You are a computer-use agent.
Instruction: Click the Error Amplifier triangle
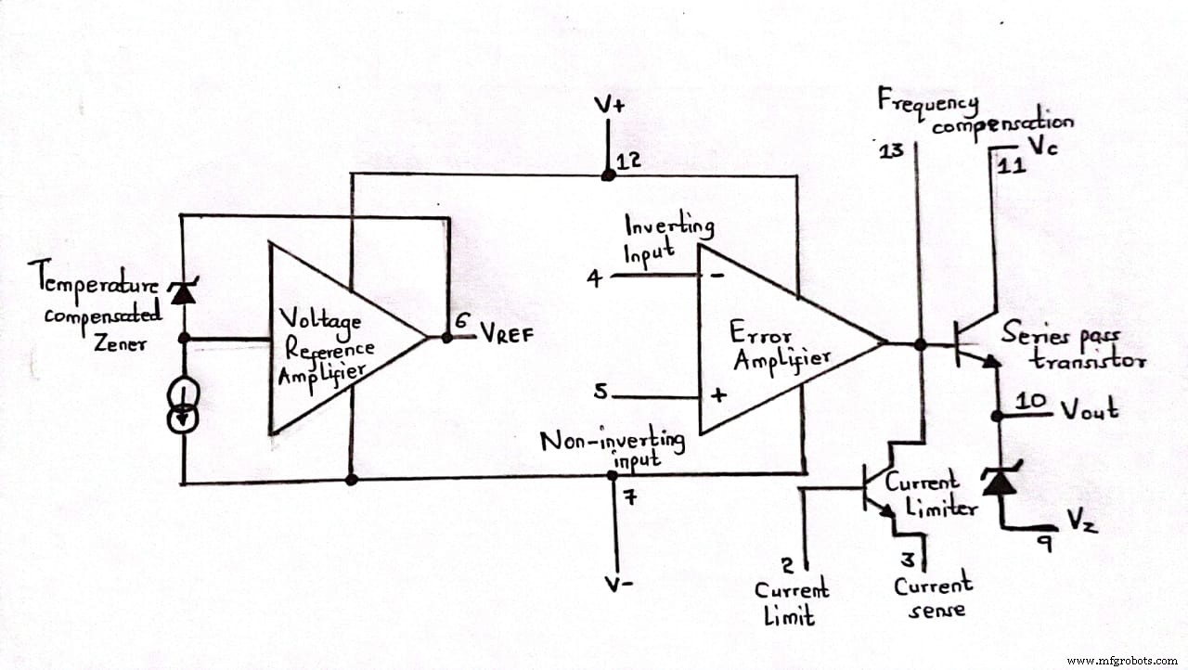(x=780, y=341)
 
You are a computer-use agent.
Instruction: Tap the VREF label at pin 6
(x=508, y=335)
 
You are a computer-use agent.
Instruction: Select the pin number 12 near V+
(x=629, y=161)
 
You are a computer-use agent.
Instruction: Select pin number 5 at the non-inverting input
(x=601, y=393)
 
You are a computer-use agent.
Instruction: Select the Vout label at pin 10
(x=1090, y=408)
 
